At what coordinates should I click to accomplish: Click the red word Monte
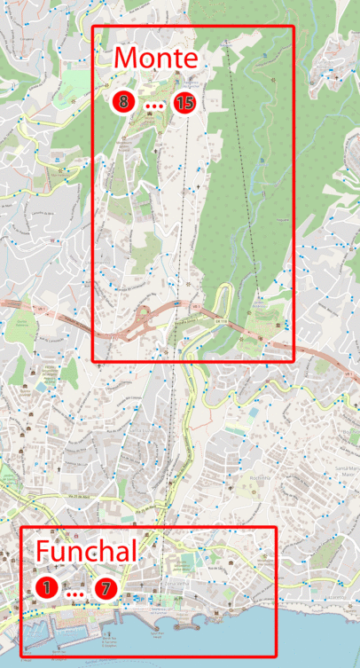pos(155,58)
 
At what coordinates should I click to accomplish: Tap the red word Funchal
pos(86,551)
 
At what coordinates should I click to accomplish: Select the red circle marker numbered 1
pos(46,587)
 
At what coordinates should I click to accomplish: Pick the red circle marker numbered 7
pos(106,587)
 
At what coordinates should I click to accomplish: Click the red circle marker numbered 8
pos(123,102)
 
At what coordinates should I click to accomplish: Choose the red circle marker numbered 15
pos(184,102)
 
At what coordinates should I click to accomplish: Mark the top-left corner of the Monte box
pos(94,28)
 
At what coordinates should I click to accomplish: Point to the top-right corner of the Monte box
pos(292,28)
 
